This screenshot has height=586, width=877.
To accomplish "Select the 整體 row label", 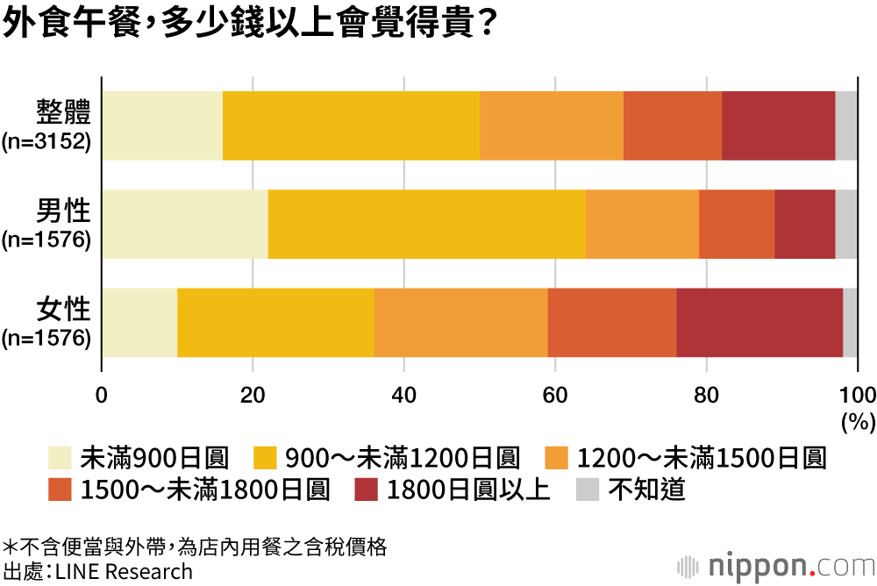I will click(x=63, y=112).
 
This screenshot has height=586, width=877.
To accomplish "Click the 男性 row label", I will click(x=63, y=211).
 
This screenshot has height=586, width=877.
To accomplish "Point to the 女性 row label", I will click(x=63, y=309).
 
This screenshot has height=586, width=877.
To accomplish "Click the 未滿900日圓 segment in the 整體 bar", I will click(x=162, y=125).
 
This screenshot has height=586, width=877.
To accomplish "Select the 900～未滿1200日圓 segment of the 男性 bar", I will click(x=426, y=224).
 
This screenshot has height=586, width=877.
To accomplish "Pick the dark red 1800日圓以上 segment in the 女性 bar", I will click(x=759, y=322).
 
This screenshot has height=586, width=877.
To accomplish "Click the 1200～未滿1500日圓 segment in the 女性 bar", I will click(x=460, y=322).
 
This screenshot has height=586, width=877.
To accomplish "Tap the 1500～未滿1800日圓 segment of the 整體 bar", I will click(x=673, y=125).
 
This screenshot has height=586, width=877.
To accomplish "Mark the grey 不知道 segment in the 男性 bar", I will click(x=846, y=224).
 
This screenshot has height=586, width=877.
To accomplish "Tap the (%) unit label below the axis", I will click(x=858, y=422).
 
